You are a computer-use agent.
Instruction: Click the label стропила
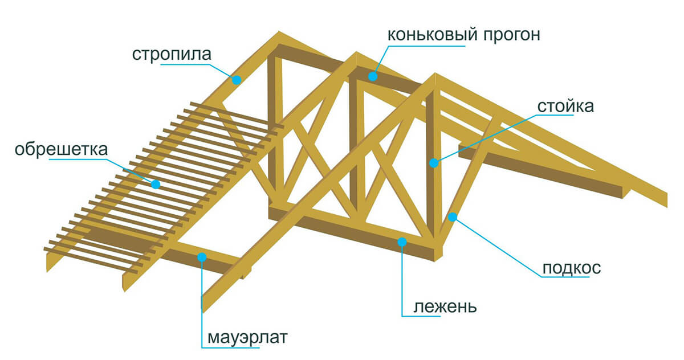[172, 55]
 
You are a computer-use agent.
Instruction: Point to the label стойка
[565, 106]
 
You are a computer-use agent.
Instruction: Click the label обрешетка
[62, 149]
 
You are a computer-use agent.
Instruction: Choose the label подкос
[572, 268]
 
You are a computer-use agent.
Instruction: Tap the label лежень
[445, 307]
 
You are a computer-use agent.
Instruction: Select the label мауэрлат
[247, 338]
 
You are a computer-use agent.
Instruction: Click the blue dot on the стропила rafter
[237, 80]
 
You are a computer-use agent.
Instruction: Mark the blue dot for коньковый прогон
[373, 76]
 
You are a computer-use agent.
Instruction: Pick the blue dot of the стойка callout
[434, 163]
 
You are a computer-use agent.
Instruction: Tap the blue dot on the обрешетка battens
[156, 184]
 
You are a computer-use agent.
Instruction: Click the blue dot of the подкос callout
[453, 217]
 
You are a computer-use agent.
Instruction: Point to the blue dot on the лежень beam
[402, 242]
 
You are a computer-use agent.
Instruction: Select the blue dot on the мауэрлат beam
[202, 257]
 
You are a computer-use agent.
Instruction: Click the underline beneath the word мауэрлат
[230, 347]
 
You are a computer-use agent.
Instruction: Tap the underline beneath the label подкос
[565, 277]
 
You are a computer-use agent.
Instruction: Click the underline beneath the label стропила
[186, 65]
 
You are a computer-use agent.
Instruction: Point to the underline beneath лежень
[421, 316]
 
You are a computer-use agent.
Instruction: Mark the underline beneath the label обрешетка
[78, 159]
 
